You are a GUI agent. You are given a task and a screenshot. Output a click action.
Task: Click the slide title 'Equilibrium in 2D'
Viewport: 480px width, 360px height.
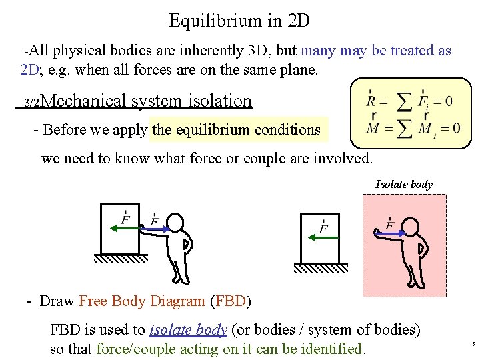[239, 21]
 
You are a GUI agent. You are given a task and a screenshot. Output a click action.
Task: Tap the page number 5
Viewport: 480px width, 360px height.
[473, 344]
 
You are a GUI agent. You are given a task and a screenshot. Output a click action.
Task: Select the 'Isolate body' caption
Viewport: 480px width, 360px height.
[404, 184]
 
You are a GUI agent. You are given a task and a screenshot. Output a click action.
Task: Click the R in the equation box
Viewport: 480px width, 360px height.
[371, 102]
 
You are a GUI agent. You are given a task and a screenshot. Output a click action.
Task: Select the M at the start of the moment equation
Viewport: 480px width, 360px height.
[371, 128]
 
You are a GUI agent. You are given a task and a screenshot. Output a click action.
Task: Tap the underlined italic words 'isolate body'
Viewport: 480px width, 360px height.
[189, 329]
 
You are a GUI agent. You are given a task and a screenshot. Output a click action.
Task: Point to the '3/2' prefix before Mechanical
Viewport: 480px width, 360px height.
[33, 103]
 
